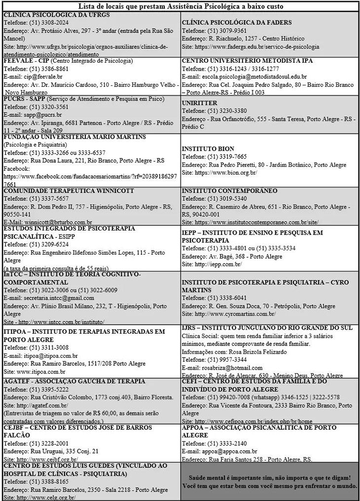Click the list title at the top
180,6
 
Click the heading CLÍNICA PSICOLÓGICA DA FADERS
237,22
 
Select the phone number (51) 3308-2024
51,22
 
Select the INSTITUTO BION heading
208,149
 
